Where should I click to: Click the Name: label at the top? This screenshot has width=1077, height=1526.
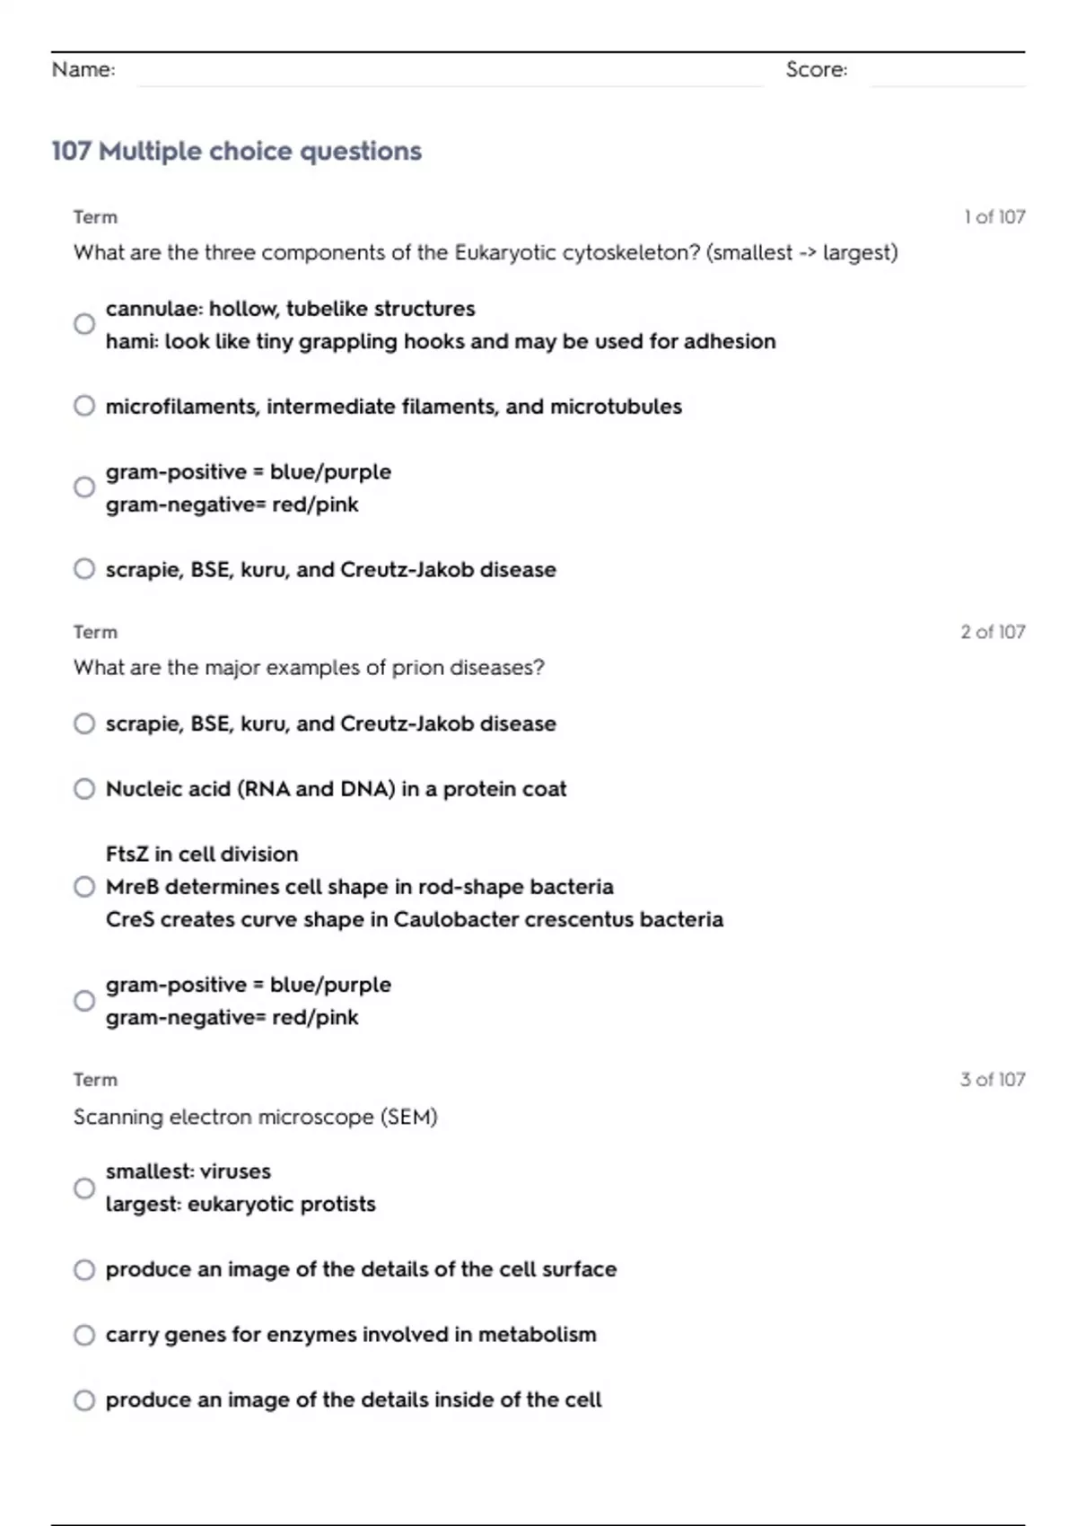point(83,69)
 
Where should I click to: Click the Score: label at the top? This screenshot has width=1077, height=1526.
point(816,69)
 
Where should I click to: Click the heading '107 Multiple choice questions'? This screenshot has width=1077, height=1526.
point(236,151)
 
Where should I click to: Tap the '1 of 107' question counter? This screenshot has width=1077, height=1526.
point(994,216)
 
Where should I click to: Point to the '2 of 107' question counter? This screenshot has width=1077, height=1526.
point(993,632)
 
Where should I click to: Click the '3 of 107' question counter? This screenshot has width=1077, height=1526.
point(993,1079)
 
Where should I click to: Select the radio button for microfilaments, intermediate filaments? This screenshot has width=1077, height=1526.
point(84,406)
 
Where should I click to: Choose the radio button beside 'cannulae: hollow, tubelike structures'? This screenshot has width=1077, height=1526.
point(84,324)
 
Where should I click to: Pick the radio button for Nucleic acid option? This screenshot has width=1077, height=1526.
point(84,789)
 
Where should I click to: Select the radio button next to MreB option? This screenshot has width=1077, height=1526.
point(84,887)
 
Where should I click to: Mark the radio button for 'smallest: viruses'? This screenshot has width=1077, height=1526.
point(84,1188)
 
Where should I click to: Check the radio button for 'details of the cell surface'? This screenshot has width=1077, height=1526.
point(84,1269)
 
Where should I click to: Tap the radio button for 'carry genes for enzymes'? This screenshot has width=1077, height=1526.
point(84,1335)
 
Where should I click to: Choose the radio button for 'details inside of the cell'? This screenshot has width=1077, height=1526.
point(84,1399)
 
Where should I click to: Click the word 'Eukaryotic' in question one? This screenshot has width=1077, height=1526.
point(505,253)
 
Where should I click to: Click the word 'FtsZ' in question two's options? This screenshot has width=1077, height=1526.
point(127,854)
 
